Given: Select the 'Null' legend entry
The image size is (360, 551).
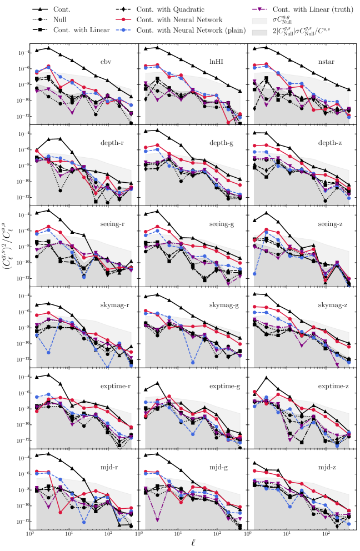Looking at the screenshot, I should coord(61,20).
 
